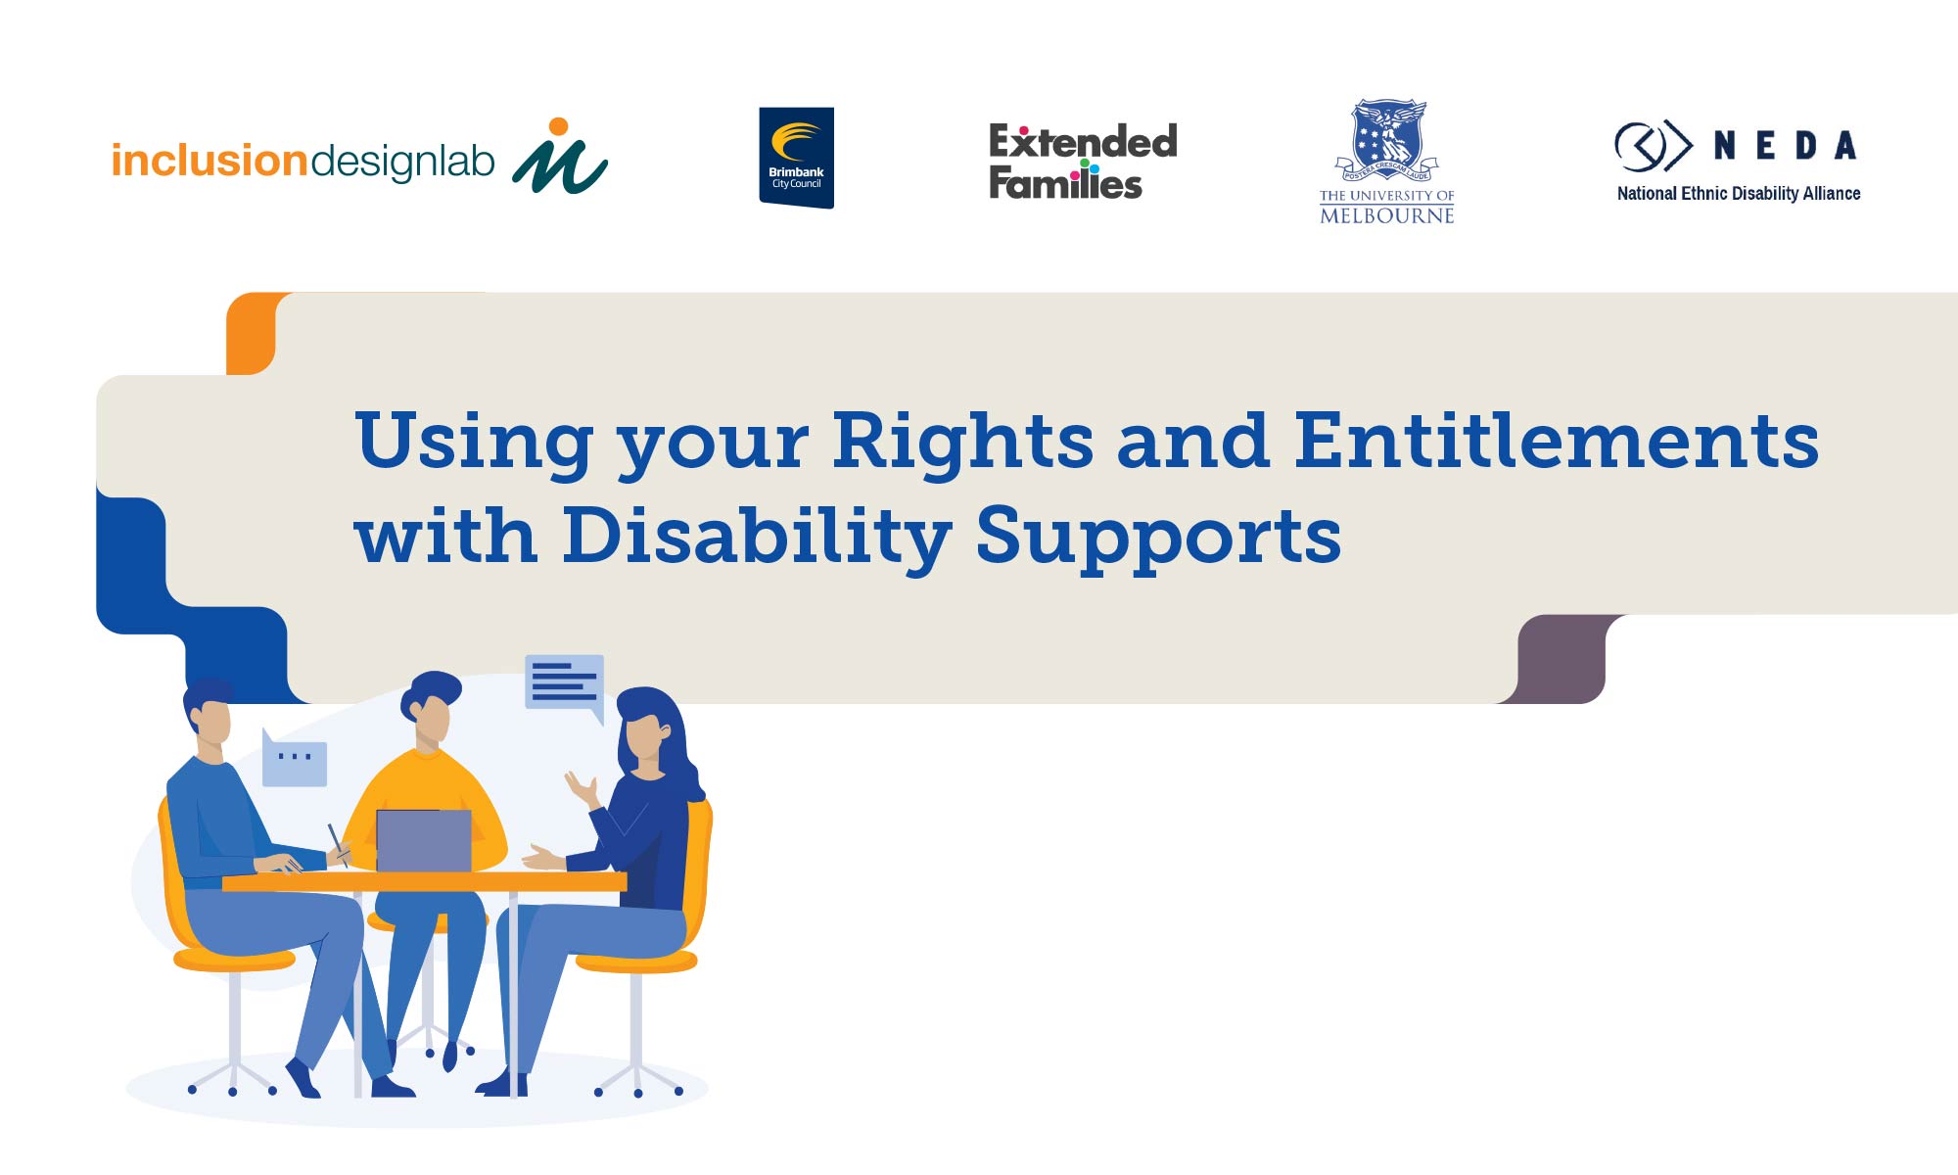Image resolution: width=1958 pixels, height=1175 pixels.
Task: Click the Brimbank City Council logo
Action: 796,158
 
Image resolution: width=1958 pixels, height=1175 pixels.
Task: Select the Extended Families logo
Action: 1083,162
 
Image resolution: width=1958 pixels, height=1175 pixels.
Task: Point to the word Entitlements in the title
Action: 1557,440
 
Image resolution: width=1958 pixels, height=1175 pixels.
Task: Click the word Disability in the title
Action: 757,537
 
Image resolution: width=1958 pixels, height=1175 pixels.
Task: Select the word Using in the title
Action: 475,442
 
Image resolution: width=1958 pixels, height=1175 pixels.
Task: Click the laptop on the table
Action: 424,841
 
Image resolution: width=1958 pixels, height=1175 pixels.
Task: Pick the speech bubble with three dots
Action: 295,758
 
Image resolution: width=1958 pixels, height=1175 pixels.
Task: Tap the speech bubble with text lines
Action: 565,684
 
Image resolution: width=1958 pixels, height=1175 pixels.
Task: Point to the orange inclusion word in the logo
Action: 210,161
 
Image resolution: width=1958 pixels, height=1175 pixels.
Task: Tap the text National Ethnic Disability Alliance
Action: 1739,194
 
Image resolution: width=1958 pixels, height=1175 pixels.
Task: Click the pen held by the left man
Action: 338,845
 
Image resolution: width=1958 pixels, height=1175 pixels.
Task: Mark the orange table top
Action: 425,882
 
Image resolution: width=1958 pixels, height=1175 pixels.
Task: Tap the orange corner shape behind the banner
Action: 250,333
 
